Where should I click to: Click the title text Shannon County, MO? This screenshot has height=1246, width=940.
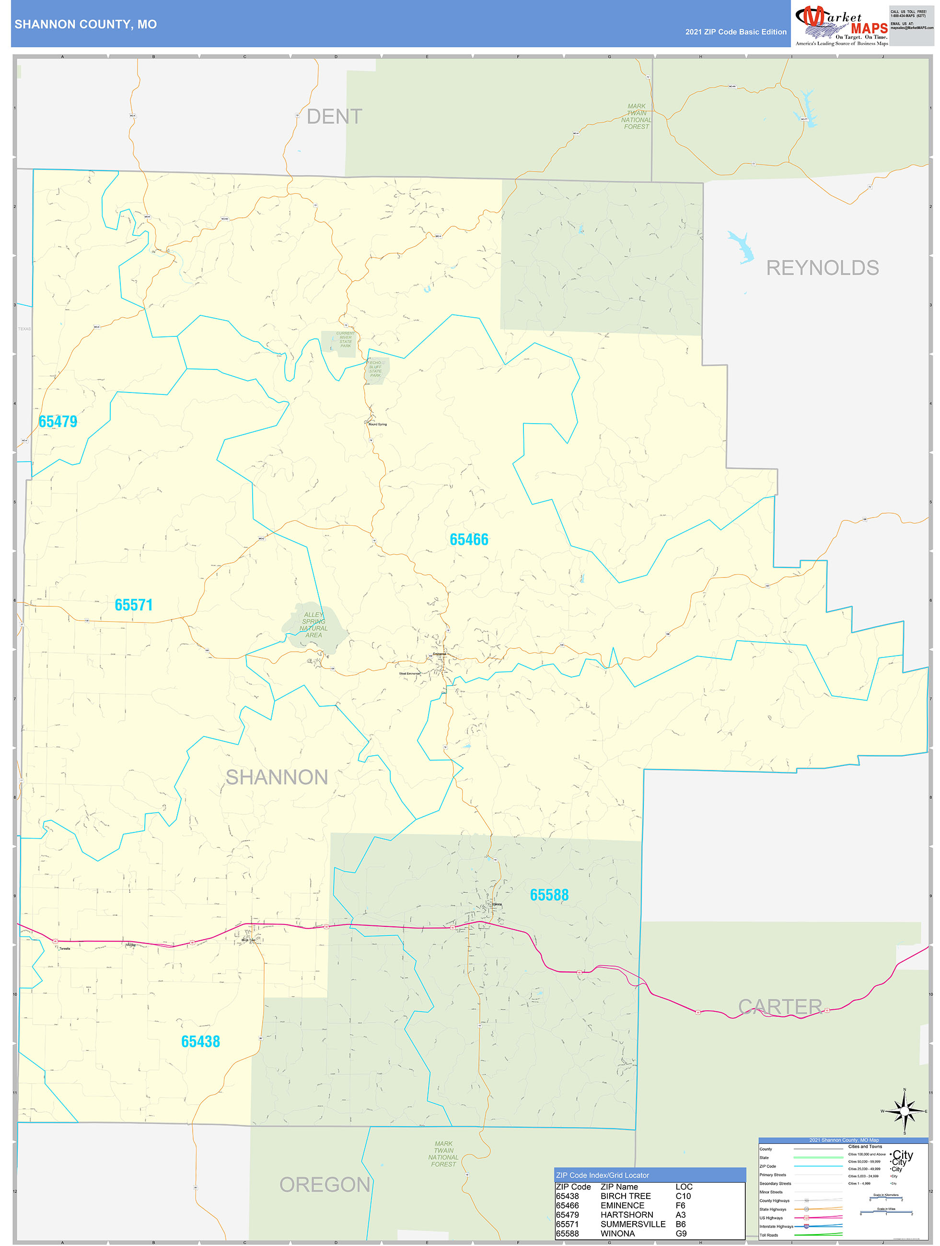(x=86, y=24)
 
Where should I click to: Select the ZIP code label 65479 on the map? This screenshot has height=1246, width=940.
(x=58, y=421)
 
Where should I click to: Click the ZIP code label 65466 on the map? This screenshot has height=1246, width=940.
(x=469, y=540)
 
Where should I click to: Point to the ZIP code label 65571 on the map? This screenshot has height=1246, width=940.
(x=134, y=605)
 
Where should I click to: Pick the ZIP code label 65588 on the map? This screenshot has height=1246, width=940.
(x=549, y=895)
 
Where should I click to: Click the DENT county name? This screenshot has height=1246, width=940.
(x=334, y=116)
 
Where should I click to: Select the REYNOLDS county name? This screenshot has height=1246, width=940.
(x=822, y=268)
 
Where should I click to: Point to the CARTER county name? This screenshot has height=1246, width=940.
(x=780, y=1006)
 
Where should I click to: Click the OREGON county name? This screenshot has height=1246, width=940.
(x=325, y=1185)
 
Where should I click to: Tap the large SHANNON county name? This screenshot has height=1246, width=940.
(x=277, y=777)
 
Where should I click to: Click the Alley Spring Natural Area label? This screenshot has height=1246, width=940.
(x=313, y=625)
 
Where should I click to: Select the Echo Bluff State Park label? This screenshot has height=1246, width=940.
(x=375, y=369)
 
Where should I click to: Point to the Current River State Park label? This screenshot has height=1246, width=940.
(x=346, y=339)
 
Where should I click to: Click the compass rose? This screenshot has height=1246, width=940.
(x=905, y=1111)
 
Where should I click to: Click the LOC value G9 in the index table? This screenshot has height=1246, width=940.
(x=681, y=1234)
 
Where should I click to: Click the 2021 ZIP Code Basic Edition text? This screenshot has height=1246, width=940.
(x=735, y=32)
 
